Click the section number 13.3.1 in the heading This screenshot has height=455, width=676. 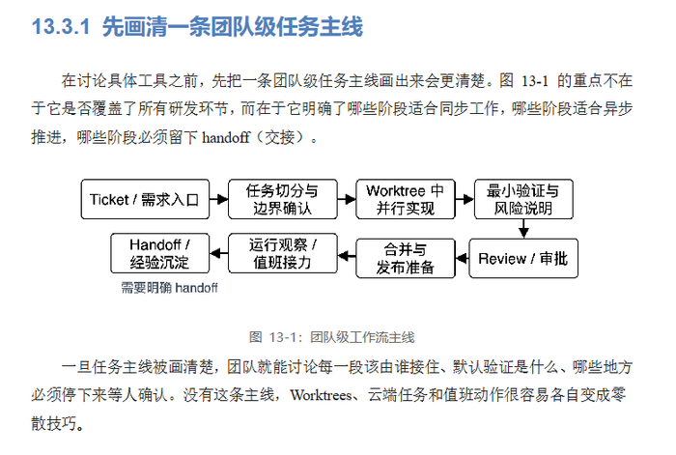[61, 27]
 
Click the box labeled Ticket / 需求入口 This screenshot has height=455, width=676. [145, 199]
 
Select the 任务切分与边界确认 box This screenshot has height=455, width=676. [282, 199]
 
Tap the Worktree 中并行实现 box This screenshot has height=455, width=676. [406, 199]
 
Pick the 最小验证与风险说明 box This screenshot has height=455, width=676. [523, 199]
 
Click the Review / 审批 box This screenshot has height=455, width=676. [523, 258]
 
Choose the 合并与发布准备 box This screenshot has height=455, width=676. [406, 258]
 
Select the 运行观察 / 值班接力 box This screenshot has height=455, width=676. [282, 253]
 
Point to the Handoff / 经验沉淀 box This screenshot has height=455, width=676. [160, 253]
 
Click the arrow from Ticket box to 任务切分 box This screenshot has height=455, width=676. [219, 199]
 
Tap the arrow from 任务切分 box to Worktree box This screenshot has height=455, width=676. [347, 199]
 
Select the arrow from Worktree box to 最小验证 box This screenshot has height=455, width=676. [465, 199]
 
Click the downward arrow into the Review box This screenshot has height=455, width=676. [523, 229]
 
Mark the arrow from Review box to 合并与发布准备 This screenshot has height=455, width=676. [463, 258]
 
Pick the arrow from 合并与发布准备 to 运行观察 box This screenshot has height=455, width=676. [347, 256]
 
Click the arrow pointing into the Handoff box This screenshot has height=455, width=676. [218, 253]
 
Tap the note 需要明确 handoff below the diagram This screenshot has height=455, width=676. [169, 288]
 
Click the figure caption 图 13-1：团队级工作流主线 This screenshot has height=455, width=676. [332, 337]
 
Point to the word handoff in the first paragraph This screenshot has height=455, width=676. [226, 137]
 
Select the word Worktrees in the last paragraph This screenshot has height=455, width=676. [322, 394]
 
